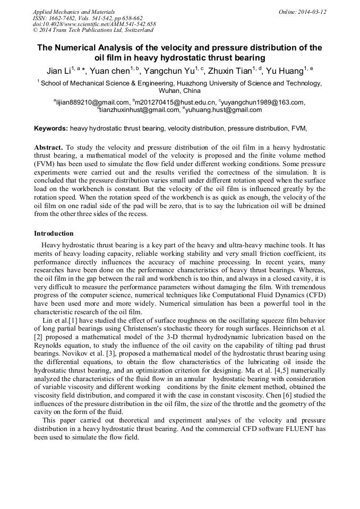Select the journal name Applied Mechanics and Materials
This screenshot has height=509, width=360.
(x=67, y=12)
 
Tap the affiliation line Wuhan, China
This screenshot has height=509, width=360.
(x=179, y=91)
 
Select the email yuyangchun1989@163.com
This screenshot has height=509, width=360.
(x=263, y=102)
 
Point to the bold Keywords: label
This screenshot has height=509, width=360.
(x=51, y=128)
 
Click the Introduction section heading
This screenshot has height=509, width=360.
(x=54, y=234)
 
